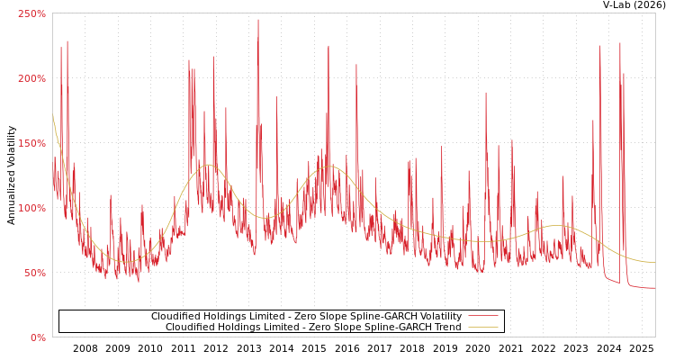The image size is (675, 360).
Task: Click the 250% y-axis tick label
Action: coord(31,13)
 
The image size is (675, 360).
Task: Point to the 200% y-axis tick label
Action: coord(31,78)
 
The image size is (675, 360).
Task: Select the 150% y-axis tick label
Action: coord(31,143)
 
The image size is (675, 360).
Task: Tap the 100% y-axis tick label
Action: coord(31,208)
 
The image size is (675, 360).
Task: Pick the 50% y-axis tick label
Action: coord(34,273)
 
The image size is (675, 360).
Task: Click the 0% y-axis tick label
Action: coord(38,337)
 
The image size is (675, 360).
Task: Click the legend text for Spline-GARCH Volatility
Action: coord(306,316)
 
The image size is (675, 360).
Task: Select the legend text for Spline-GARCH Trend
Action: coord(313,327)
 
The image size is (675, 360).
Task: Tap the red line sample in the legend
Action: coord(482,316)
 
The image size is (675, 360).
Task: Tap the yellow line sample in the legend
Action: coord(482,327)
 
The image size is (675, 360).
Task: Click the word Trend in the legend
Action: coord(446,327)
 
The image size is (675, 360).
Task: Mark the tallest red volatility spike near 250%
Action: coord(257,21)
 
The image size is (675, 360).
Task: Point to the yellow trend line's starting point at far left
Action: coord(53,115)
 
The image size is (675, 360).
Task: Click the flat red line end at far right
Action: coord(652,288)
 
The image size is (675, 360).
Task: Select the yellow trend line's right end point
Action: coord(654,262)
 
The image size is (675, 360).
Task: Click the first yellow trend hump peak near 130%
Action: coord(208,165)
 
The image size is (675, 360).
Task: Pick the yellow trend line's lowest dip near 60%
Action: coord(126,262)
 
